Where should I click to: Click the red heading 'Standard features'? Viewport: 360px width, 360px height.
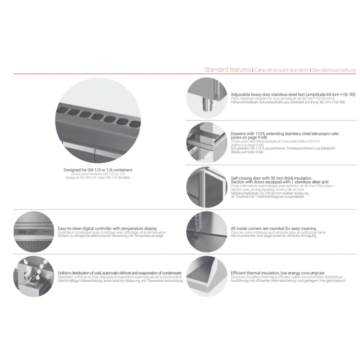228,69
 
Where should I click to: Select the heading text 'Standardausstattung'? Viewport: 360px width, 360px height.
334,70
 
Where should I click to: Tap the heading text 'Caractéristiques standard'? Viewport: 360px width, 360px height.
281,70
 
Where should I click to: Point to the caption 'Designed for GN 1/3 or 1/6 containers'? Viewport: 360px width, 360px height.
98,170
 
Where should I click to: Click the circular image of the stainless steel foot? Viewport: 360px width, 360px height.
207,98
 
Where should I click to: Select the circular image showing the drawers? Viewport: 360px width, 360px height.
207,142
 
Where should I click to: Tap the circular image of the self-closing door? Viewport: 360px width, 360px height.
207,187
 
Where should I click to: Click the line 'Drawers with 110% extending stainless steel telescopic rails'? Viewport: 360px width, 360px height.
284,134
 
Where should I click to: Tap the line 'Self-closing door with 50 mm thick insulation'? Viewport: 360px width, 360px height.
271,178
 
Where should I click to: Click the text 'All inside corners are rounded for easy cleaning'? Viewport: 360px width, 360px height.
273,228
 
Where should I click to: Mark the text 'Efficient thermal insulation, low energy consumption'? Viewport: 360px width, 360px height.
278,273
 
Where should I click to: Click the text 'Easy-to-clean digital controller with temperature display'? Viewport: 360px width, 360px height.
107,228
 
